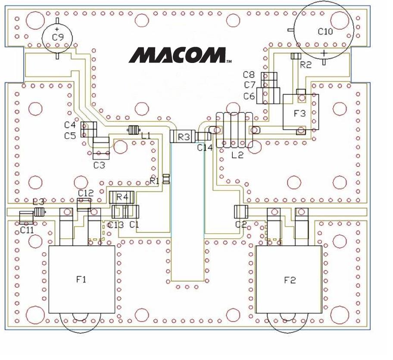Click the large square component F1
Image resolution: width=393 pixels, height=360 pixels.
pyautogui.click(x=81, y=279)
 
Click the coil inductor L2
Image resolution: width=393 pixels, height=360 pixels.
pyautogui.click(x=234, y=130)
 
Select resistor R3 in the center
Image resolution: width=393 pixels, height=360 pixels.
pyautogui.click(x=183, y=137)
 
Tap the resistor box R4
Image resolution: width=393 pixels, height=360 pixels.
pyautogui.click(x=123, y=197)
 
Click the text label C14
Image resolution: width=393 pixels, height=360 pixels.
pyautogui.click(x=205, y=147)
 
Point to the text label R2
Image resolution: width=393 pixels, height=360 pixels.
pyautogui.click(x=306, y=65)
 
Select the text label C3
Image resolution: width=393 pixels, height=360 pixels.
pyautogui.click(x=99, y=165)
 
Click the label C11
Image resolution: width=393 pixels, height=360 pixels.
pyautogui.click(x=27, y=230)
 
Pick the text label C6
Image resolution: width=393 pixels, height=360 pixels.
pyautogui.click(x=249, y=96)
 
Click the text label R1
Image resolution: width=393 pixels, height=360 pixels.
pyautogui.click(x=154, y=181)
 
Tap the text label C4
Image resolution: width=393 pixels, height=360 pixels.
pyautogui.click(x=70, y=125)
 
